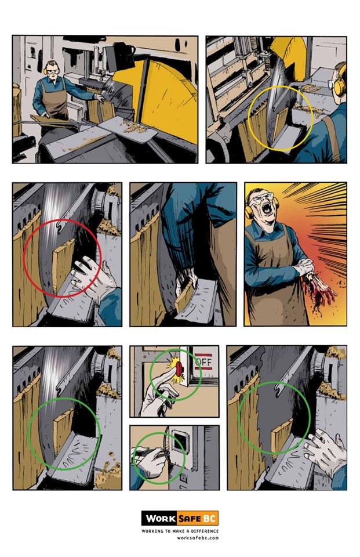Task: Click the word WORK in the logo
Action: coord(161,518)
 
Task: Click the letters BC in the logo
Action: coord(209,518)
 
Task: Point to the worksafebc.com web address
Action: coord(198,537)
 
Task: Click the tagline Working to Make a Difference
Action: coord(180,531)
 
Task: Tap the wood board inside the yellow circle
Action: coord(280,123)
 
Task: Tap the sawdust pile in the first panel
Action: coord(133,125)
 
